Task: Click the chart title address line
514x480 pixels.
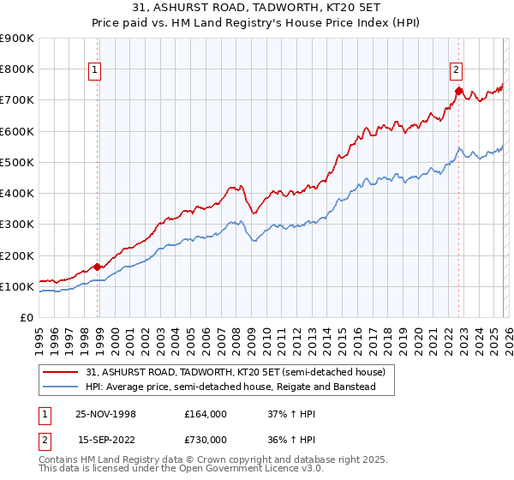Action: [x=256, y=7]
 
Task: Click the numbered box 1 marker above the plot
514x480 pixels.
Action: [x=93, y=71]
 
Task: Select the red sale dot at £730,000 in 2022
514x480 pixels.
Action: [x=458, y=90]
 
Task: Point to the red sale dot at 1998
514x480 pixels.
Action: [x=98, y=267]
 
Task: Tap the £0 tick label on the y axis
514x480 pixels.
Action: [x=26, y=318]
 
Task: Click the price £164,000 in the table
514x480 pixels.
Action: [x=205, y=414]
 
